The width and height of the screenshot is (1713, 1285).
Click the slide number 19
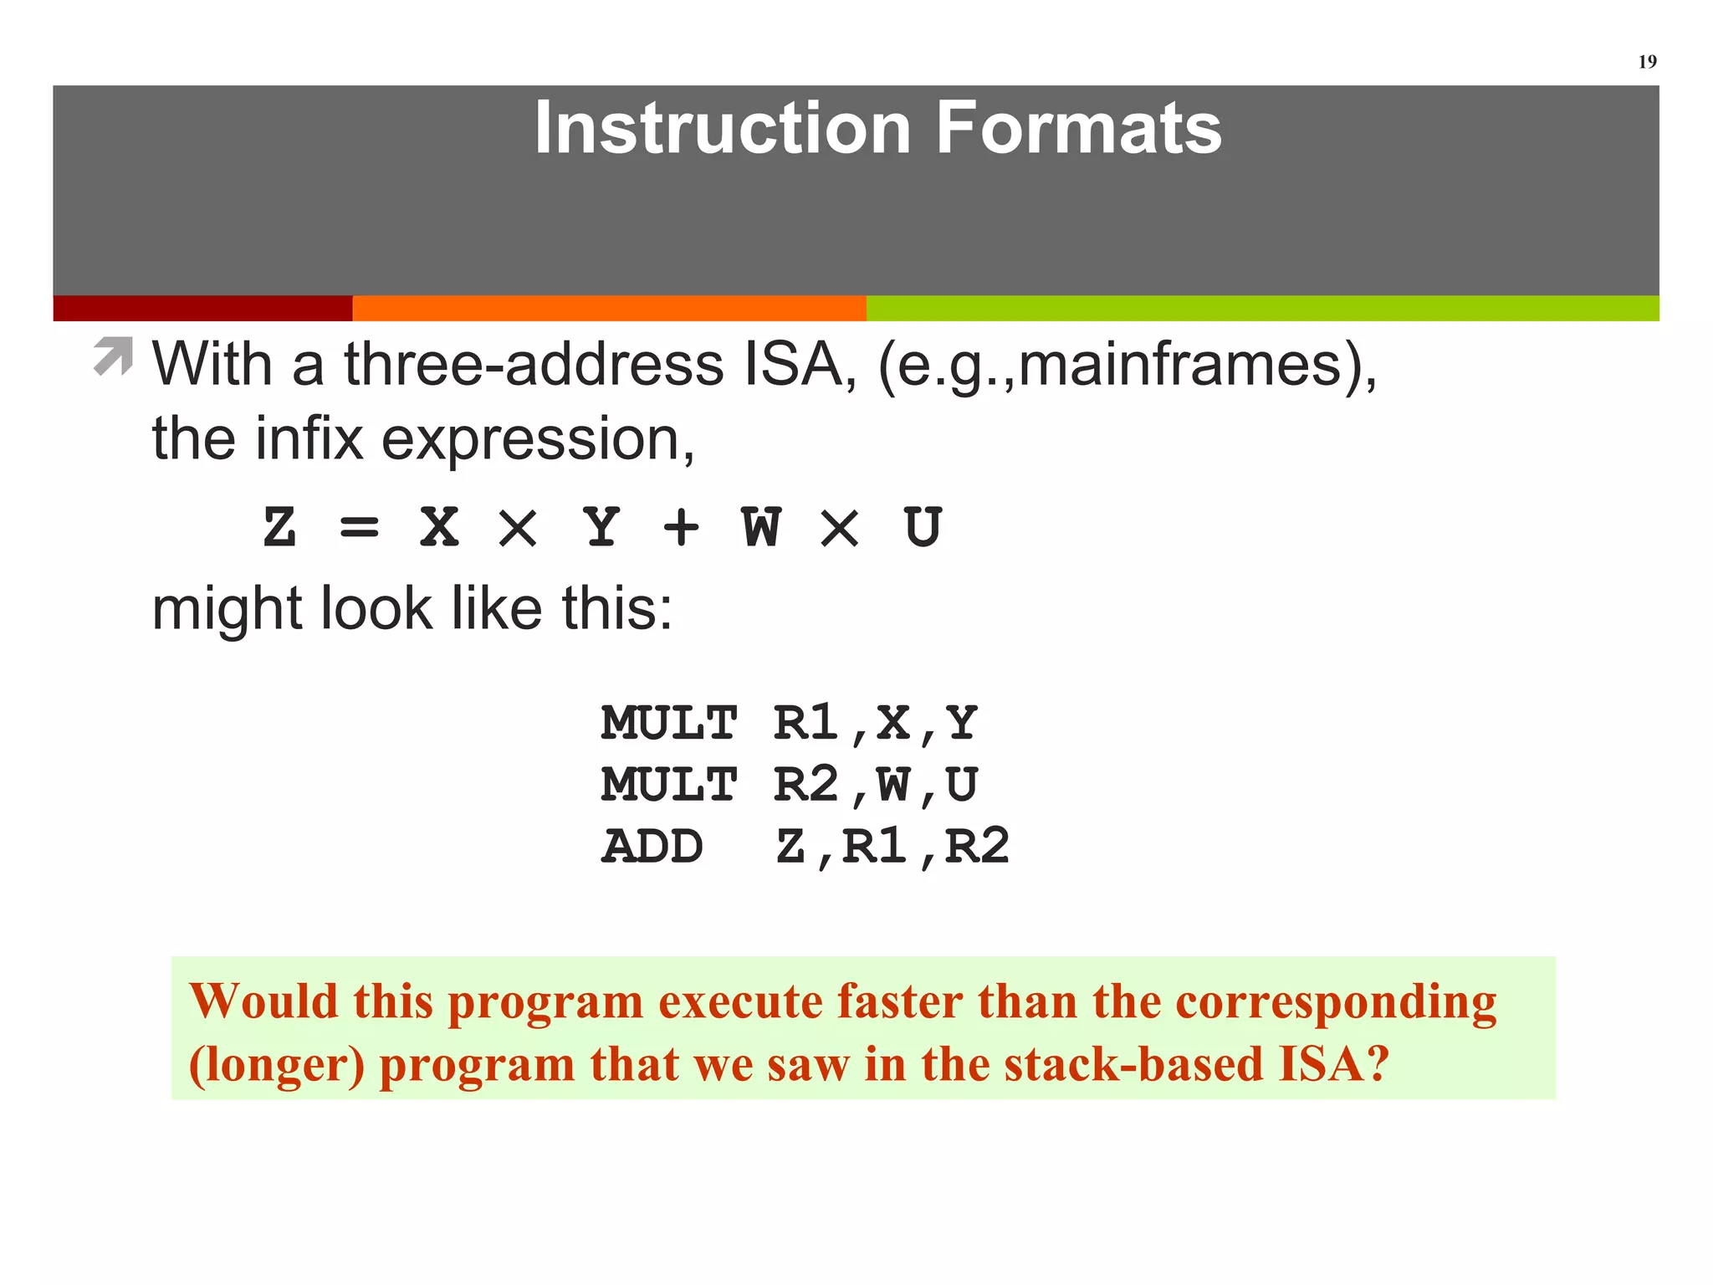pos(1646,62)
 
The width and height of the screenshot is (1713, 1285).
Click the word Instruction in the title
pos(722,128)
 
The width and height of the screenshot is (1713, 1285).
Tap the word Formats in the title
pos(1078,128)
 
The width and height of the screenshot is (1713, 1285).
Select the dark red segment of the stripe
pos(202,308)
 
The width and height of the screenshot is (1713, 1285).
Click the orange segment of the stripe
pos(609,308)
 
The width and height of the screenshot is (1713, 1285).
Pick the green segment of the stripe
pos(1261,308)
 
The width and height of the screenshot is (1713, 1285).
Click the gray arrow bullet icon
pos(113,356)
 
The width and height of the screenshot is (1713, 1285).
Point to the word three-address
pos(534,365)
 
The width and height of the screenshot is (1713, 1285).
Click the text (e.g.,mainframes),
pos(1126,366)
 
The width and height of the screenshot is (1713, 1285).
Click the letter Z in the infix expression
pos(279,528)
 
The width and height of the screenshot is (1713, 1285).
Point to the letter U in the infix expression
pos(923,528)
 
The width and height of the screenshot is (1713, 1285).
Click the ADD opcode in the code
pos(652,847)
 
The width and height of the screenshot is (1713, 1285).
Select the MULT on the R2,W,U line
pos(668,785)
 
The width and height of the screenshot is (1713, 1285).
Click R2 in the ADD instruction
pos(976,847)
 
